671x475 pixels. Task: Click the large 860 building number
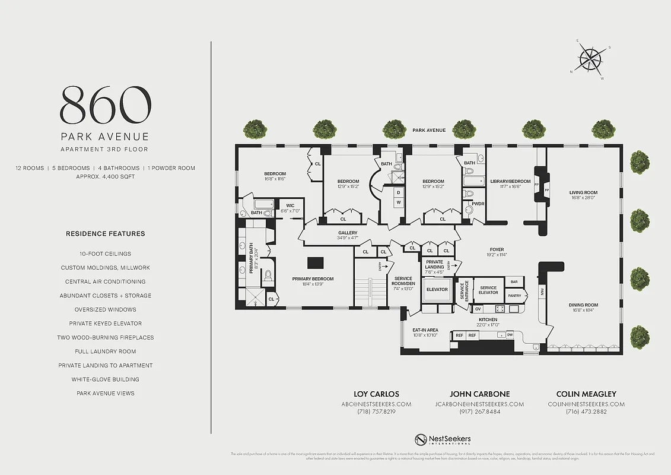(105, 104)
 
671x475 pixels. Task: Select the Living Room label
(583, 192)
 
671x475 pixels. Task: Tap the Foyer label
(497, 250)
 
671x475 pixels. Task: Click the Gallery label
(348, 233)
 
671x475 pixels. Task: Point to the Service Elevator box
(488, 290)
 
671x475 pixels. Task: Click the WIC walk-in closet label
(290, 206)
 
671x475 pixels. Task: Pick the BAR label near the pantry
(514, 281)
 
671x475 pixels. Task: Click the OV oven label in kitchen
(478, 309)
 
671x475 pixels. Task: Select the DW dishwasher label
(510, 335)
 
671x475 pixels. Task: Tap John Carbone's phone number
(479, 411)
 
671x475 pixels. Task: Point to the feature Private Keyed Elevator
(105, 324)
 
